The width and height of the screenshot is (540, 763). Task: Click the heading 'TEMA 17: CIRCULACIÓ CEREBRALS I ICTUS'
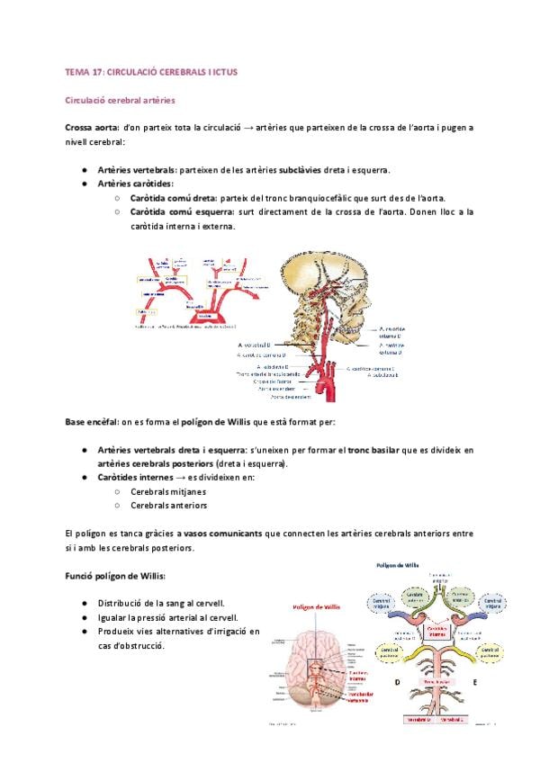click(x=150, y=70)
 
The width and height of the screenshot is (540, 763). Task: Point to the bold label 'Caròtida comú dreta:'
click(x=173, y=198)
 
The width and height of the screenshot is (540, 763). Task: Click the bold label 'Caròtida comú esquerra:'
click(x=181, y=212)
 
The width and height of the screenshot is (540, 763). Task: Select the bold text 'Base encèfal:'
click(x=91, y=422)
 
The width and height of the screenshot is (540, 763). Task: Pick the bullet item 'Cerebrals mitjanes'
click(x=167, y=492)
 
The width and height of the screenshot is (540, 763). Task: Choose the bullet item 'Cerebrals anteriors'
click(x=168, y=506)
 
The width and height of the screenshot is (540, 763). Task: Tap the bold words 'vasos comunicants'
click(x=224, y=534)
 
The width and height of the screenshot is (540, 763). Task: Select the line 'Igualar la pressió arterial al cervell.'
click(x=168, y=617)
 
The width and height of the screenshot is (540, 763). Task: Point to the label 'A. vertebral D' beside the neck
click(x=262, y=345)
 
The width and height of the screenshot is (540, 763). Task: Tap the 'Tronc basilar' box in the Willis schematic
click(x=436, y=681)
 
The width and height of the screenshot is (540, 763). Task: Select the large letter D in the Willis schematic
click(x=398, y=683)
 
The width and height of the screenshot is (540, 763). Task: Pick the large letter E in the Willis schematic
click(x=473, y=683)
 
